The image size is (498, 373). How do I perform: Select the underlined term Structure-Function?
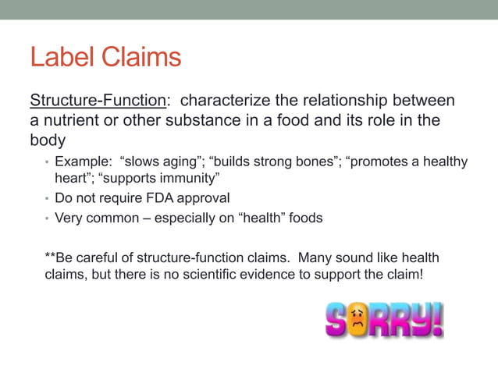pos(98,101)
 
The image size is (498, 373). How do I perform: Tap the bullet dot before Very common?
pos(47,218)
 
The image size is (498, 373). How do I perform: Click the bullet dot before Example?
pos(47,162)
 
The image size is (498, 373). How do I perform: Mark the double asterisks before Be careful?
pos(50,257)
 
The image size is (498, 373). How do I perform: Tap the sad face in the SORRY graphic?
pos(358,320)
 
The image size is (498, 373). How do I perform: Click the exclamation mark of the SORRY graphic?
pos(437,318)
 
